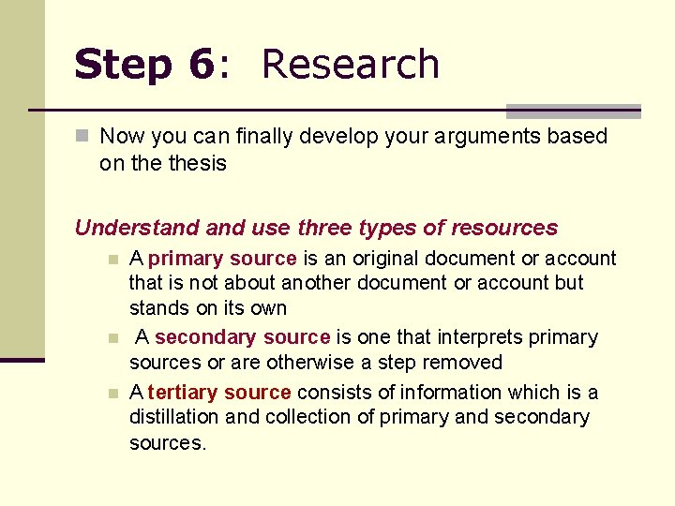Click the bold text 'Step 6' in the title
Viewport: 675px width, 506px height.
[x=143, y=65]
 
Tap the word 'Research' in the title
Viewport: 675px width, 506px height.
[x=351, y=65]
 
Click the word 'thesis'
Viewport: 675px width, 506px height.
[x=198, y=163]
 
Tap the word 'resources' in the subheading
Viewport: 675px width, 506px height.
[x=504, y=228]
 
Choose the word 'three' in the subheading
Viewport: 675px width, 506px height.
[x=325, y=228]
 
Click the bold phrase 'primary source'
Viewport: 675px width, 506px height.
[x=222, y=258]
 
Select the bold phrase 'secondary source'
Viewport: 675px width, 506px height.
[x=242, y=336]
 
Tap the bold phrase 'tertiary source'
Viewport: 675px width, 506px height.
[x=219, y=392]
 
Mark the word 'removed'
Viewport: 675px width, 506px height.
[x=464, y=362]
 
